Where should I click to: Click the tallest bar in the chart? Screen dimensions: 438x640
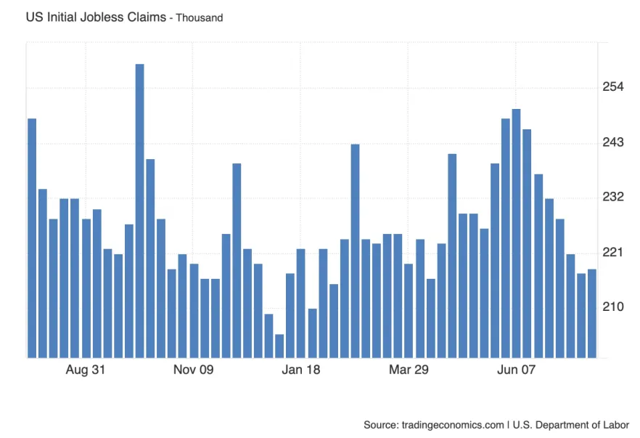(139, 211)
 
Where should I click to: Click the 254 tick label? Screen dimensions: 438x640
(613, 87)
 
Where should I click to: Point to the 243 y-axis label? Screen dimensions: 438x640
(613, 142)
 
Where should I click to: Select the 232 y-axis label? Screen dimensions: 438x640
(613, 198)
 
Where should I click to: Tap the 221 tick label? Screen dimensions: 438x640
(613, 252)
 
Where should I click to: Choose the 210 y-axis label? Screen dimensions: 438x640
(613, 307)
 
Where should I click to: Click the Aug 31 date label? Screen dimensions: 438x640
(86, 370)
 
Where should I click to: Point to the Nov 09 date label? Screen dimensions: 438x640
(194, 370)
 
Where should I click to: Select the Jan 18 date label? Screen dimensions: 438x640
(301, 370)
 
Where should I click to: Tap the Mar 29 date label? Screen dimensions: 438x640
(409, 370)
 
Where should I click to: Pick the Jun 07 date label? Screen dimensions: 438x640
(516, 370)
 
